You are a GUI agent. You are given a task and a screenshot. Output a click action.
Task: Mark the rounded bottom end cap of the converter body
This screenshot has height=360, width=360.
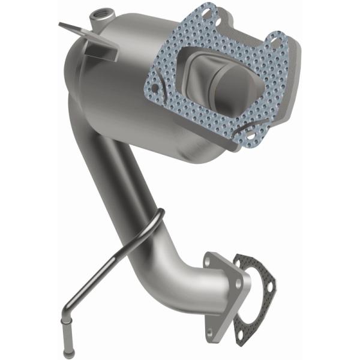click(x=198, y=150)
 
